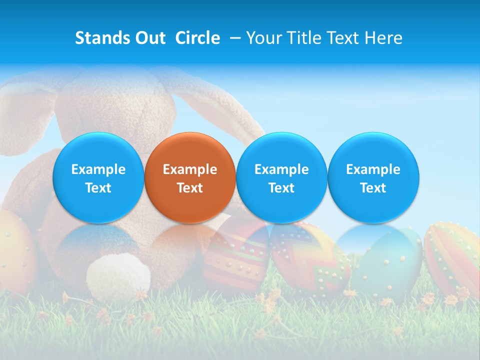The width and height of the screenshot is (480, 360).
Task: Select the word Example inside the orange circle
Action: pyautogui.click(x=190, y=169)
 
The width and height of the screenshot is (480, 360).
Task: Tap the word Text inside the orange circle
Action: pyautogui.click(x=190, y=188)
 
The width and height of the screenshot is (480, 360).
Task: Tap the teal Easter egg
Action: pyautogui.click(x=387, y=262)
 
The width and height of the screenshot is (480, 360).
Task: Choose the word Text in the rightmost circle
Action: pyautogui.click(x=373, y=188)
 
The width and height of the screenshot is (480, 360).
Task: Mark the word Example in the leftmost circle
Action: pyautogui.click(x=98, y=169)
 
